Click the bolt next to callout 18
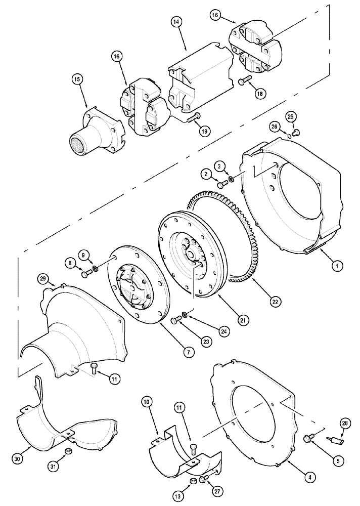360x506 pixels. (245, 79)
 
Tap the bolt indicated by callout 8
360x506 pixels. (86, 274)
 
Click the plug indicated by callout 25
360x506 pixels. (296, 133)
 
